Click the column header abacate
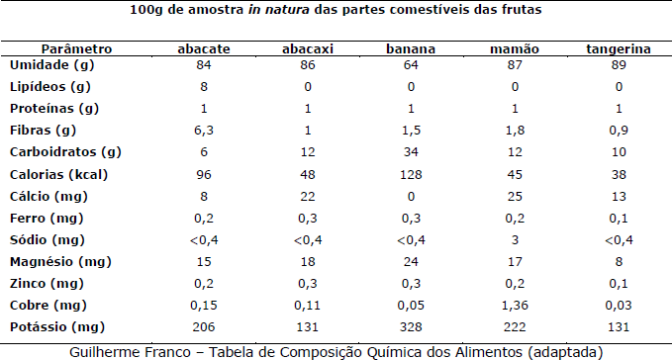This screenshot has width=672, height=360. (204, 48)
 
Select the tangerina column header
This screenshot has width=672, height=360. (619, 49)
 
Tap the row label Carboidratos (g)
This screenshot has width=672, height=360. (65, 152)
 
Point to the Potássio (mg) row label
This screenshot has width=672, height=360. (57, 327)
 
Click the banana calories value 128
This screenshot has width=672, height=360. (411, 175)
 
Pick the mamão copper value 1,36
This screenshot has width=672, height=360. (515, 306)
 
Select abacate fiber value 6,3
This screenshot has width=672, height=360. (204, 131)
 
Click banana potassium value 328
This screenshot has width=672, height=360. (411, 327)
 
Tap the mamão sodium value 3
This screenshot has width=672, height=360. (515, 239)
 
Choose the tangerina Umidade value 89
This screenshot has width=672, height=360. (619, 65)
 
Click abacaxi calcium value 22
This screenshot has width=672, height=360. (307, 197)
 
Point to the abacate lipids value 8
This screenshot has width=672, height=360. (204, 87)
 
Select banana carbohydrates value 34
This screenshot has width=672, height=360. (411, 152)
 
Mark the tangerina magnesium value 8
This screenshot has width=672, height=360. (619, 261)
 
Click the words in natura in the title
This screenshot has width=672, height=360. (278, 10)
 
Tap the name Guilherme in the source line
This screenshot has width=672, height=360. (97, 352)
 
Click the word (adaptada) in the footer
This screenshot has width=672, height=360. (565, 352)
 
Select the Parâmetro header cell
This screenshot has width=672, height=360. (77, 48)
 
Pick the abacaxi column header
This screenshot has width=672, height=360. (307, 48)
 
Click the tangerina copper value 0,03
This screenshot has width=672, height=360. (619, 306)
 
